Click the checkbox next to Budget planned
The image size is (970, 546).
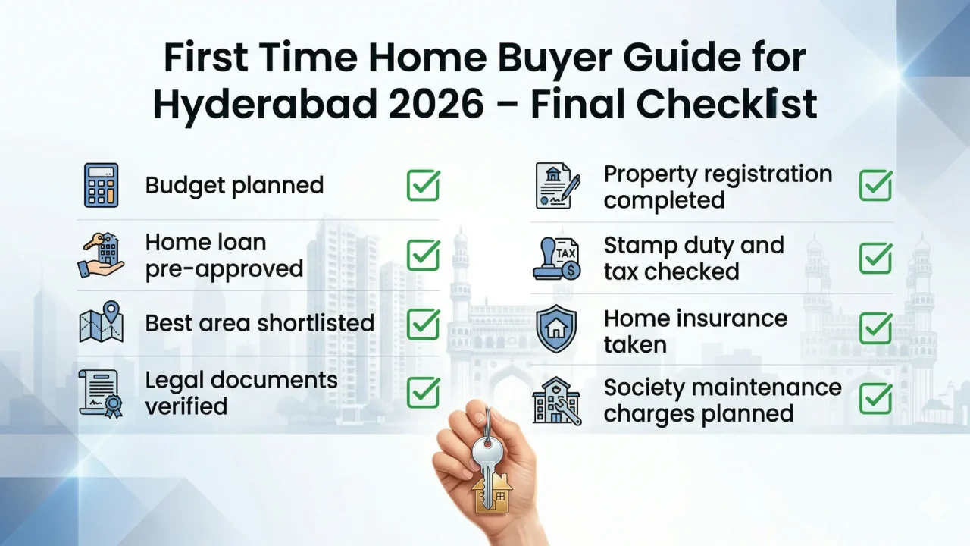pos(423,185)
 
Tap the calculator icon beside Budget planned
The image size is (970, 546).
pos(101,185)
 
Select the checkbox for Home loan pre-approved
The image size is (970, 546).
pos(423,256)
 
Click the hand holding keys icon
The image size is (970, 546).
pos(101,256)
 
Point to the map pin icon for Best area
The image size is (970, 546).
pos(101,322)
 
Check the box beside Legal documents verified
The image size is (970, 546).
pos(423,392)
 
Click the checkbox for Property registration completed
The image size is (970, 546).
pos(875,185)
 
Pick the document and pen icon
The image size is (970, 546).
pos(558,185)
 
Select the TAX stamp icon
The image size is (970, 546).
pos(558,258)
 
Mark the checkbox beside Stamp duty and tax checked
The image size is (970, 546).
pos(875,258)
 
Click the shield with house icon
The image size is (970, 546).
pos(556,329)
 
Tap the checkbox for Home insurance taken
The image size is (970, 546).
pos(875,329)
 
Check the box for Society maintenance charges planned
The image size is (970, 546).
pos(875,399)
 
